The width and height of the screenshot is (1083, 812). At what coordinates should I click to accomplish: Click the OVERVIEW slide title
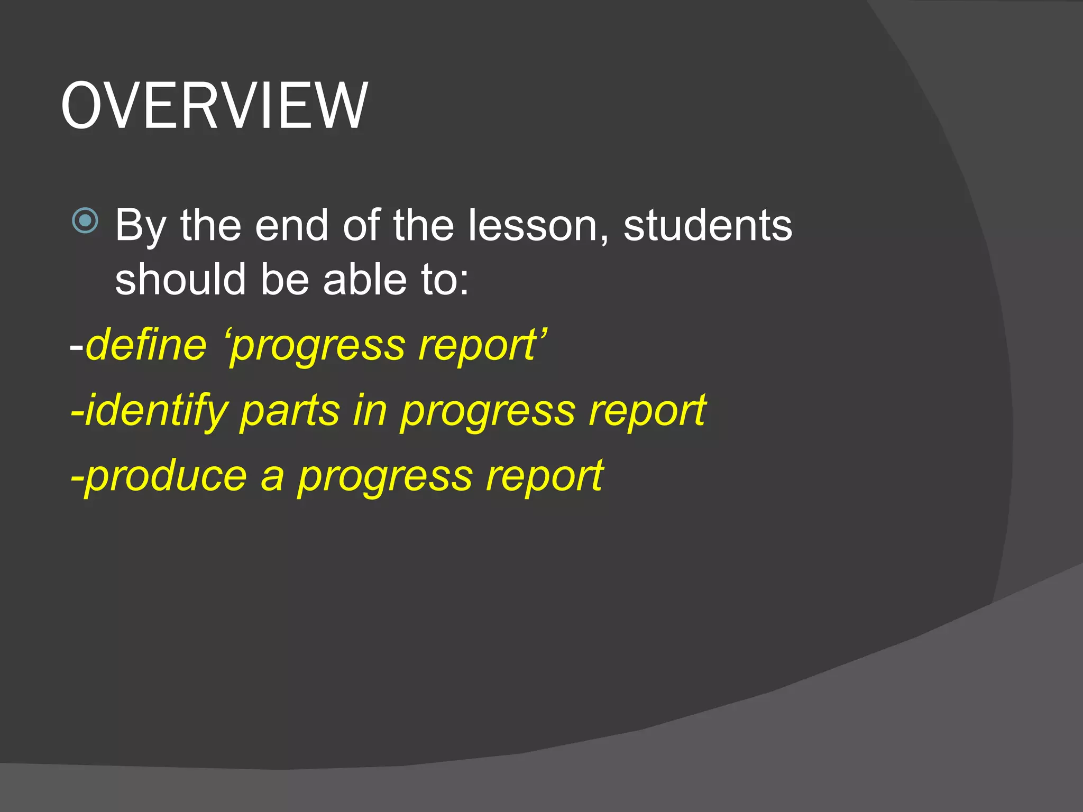pyautogui.click(x=214, y=106)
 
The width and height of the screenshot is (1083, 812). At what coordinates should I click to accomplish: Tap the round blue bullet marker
pyautogui.click(x=85, y=220)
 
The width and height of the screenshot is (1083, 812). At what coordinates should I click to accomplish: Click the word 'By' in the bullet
pyautogui.click(x=141, y=226)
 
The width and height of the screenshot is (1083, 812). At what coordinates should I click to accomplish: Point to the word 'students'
pyautogui.click(x=708, y=225)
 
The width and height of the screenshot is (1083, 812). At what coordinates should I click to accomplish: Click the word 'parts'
pyautogui.click(x=290, y=411)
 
